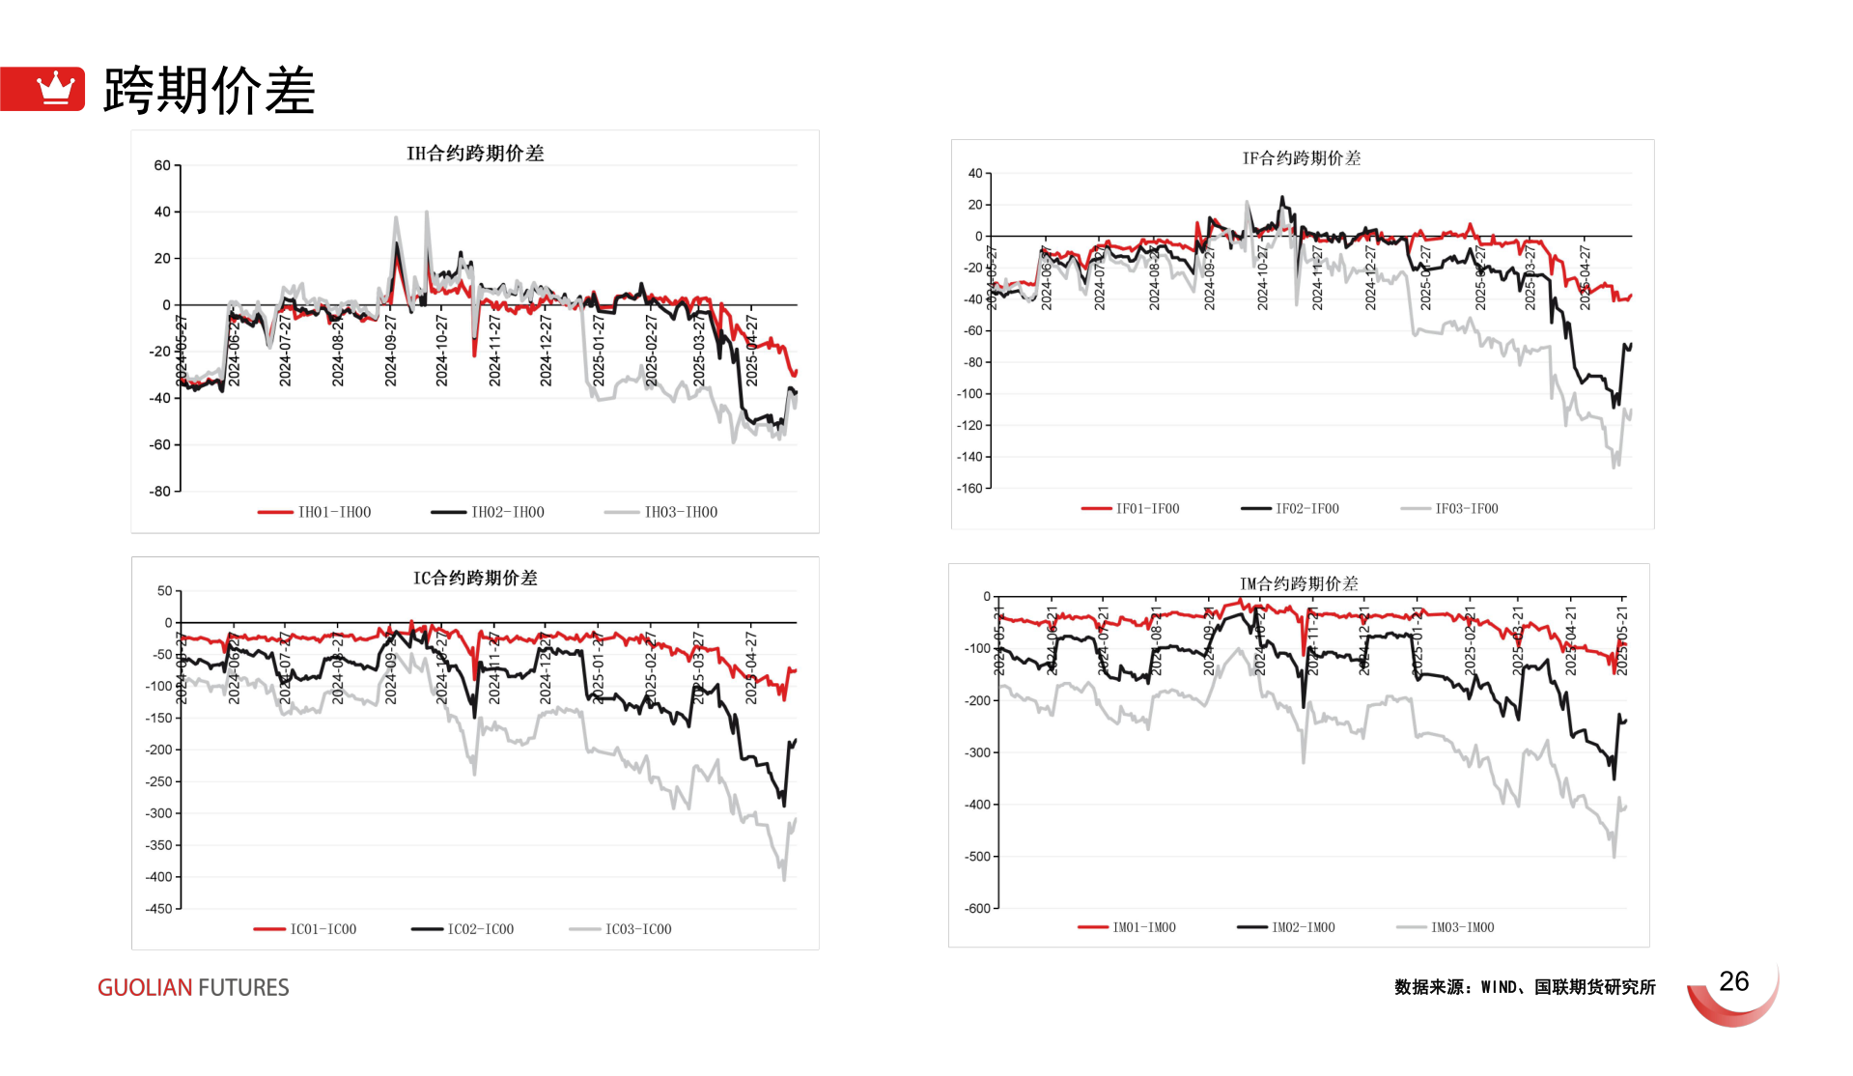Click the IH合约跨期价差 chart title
click(475, 154)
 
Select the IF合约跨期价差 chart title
click(1301, 158)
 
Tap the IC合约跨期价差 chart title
click(475, 578)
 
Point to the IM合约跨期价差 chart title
click(1299, 583)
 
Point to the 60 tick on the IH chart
click(162, 165)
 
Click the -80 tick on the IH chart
click(159, 492)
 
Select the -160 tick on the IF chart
click(969, 489)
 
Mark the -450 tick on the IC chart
click(158, 909)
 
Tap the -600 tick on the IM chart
click(977, 908)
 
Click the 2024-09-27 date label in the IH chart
click(390, 350)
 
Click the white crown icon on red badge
click(55, 89)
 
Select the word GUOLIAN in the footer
click(145, 987)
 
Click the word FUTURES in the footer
click(243, 987)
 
